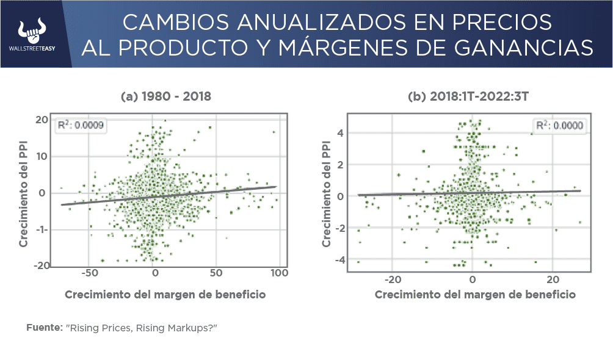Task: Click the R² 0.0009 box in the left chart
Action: tap(80, 126)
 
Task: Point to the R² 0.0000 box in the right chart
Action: tap(559, 126)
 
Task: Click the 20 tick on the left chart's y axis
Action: tap(41, 120)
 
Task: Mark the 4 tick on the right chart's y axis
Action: tap(342, 133)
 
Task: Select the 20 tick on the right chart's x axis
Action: tap(552, 279)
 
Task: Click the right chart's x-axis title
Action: tap(474, 295)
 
